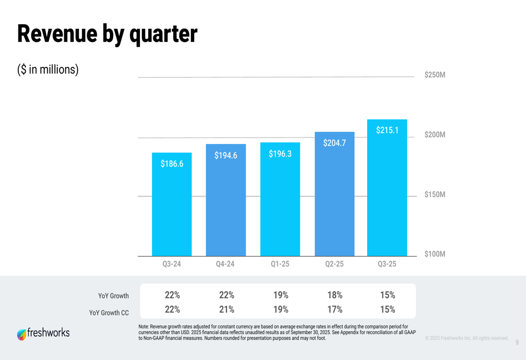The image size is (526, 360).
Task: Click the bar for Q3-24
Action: coord(172,205)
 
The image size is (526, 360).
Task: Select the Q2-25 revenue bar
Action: coord(335,194)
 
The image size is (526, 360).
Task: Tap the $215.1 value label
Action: coord(387,130)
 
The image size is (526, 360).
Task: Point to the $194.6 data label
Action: coord(226,156)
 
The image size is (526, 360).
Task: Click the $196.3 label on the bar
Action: coord(280,154)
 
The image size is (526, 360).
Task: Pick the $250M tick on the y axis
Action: coord(434,75)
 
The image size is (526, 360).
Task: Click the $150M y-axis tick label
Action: coord(434,194)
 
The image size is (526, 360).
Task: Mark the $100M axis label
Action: coord(434,254)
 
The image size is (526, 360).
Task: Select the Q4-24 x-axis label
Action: coord(225,264)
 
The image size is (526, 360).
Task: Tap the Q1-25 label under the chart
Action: coord(280,264)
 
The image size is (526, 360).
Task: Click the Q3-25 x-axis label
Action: coord(387,264)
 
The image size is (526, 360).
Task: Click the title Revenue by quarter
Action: coord(107,34)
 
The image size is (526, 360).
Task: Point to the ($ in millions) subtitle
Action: coord(48,69)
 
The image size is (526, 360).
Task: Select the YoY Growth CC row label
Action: coord(109,313)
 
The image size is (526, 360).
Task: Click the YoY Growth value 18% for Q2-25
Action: coord(335,295)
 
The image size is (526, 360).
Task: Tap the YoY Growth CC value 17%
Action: coord(335,310)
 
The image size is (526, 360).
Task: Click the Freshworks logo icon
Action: coord(22,334)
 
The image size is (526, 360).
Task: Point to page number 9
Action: coord(517,343)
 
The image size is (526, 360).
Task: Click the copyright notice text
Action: coord(467,338)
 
